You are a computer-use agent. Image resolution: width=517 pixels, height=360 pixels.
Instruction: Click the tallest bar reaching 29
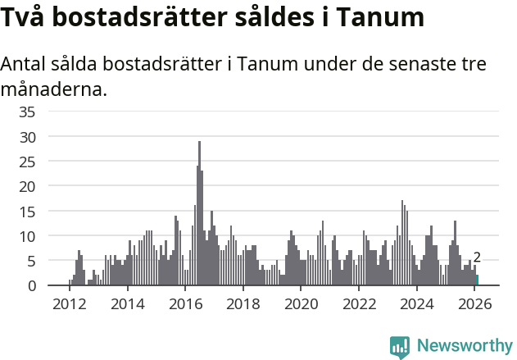click(199, 213)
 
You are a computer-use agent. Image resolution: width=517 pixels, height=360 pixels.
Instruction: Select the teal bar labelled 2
click(477, 280)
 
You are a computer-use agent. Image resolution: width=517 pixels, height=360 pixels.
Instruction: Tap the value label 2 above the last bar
click(477, 257)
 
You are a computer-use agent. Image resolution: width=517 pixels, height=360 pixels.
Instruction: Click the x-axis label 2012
click(69, 303)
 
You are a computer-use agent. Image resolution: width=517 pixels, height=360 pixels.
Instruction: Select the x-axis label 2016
click(185, 303)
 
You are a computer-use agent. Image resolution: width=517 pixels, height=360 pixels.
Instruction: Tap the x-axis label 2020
click(301, 303)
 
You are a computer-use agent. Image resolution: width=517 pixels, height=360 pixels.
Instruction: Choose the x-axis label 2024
click(417, 303)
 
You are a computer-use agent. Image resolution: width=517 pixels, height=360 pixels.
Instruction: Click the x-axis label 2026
click(475, 303)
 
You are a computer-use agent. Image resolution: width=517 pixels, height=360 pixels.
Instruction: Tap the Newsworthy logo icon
click(400, 346)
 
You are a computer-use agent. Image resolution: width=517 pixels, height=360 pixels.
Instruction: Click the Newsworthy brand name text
click(464, 346)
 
